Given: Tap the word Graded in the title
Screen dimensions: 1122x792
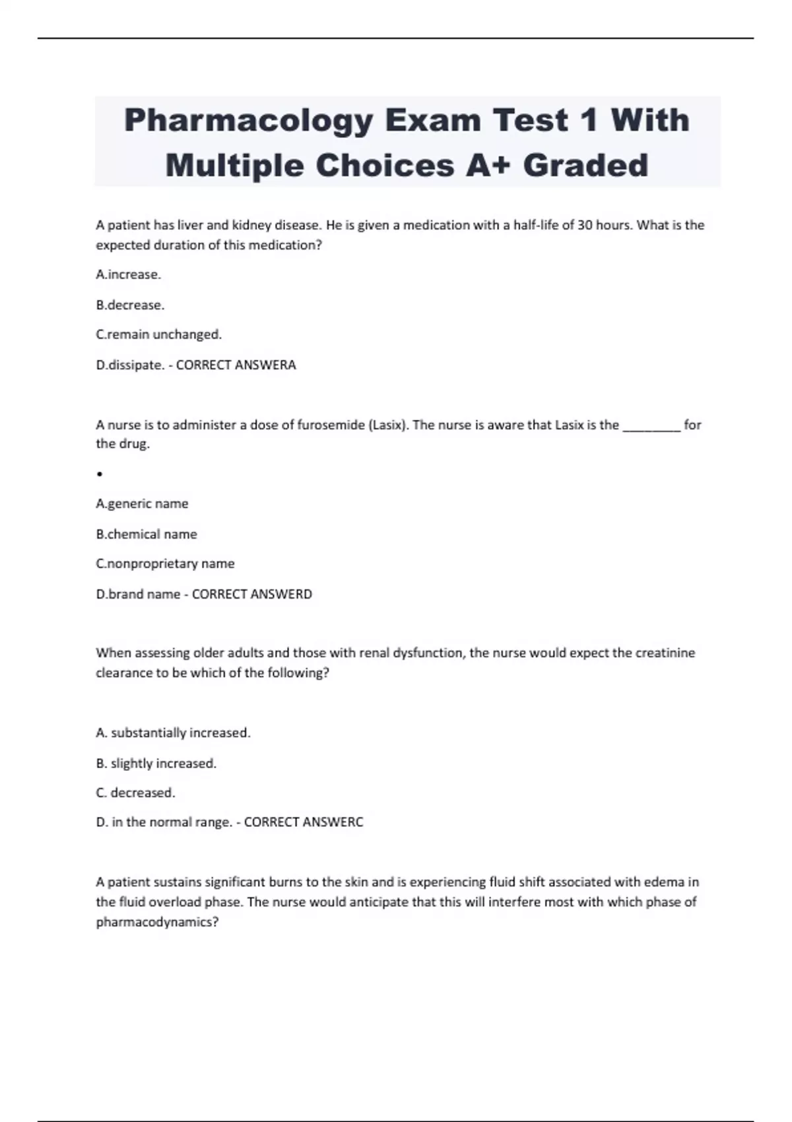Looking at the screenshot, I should pyautogui.click(x=585, y=165).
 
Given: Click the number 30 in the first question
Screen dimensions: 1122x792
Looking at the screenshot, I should pyautogui.click(x=585, y=225).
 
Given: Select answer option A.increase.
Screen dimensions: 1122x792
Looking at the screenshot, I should pyautogui.click(x=129, y=275).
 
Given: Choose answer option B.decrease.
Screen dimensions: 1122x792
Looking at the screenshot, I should pyautogui.click(x=130, y=305).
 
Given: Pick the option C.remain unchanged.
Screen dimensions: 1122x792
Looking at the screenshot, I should pyautogui.click(x=159, y=335).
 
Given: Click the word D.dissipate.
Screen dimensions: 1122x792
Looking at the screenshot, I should pyautogui.click(x=130, y=365).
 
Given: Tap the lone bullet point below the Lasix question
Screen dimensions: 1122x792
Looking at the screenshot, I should pyautogui.click(x=99, y=474).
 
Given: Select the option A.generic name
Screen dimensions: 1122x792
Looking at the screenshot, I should pyautogui.click(x=142, y=504).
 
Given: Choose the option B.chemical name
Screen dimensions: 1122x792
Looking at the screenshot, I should pyautogui.click(x=147, y=534).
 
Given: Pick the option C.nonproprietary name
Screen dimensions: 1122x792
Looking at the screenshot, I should pyautogui.click(x=165, y=564).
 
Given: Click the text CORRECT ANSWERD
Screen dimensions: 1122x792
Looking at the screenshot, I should pyautogui.click(x=252, y=594).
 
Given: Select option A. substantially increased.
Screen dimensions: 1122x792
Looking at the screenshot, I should pyautogui.click(x=173, y=733).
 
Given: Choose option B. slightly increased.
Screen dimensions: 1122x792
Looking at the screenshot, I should pyautogui.click(x=156, y=763).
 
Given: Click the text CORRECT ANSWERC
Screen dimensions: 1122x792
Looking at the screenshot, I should pyautogui.click(x=304, y=822).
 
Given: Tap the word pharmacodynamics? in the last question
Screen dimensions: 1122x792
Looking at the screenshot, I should pyautogui.click(x=157, y=922).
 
